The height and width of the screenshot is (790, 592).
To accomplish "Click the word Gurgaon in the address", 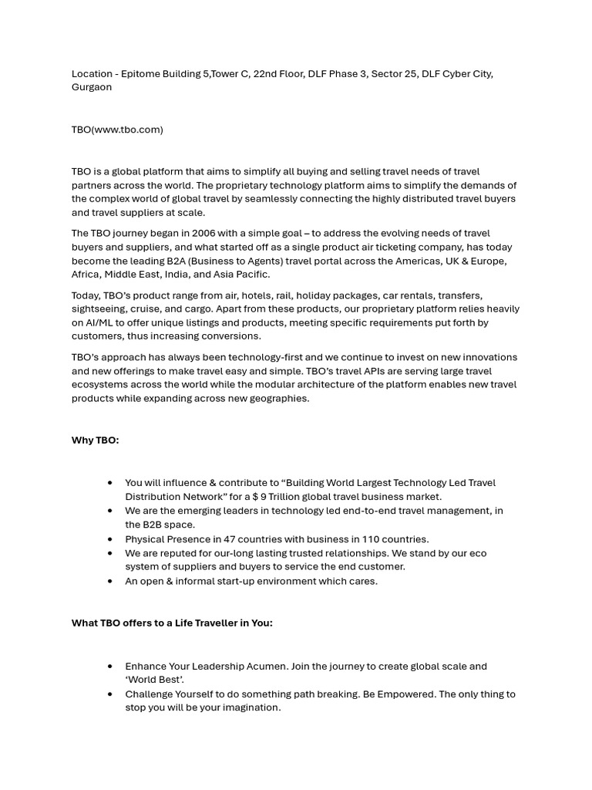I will coord(92,87).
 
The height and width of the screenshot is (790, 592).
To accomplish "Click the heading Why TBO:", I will coord(96,441).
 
